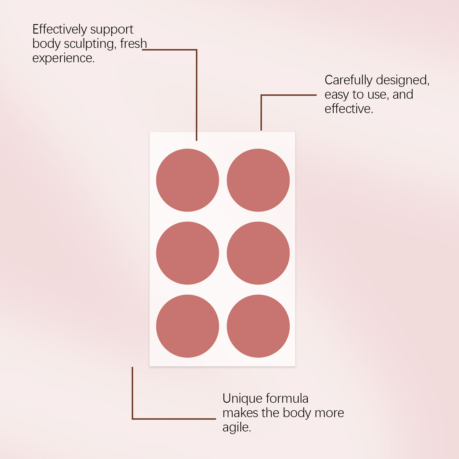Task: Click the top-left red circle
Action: [187, 180]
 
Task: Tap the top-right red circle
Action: [258, 180]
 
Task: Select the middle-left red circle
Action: [187, 253]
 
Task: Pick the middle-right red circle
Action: [258, 253]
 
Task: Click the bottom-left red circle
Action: [187, 326]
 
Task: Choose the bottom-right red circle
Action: [258, 326]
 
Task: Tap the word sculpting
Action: [90, 44]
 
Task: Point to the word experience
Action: [63, 58]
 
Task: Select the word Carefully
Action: [348, 80]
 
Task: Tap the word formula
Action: [287, 398]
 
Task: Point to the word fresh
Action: [133, 44]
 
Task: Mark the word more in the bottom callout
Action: [329, 413]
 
